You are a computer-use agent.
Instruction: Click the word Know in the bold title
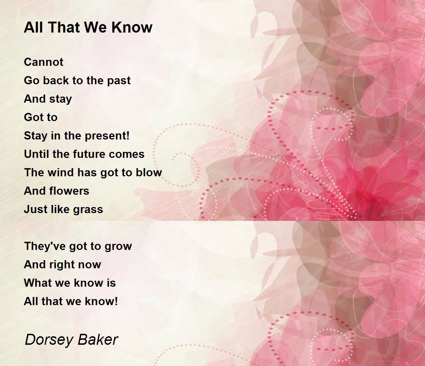[x=132, y=27]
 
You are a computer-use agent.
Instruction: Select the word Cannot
[x=44, y=62]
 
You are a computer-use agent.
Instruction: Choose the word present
[x=105, y=136]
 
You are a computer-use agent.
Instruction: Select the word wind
[x=61, y=172]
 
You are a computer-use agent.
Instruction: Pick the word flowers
[x=69, y=191]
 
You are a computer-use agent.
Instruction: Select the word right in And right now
[x=61, y=265]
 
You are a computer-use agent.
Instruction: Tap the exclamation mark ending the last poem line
[x=116, y=301]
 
